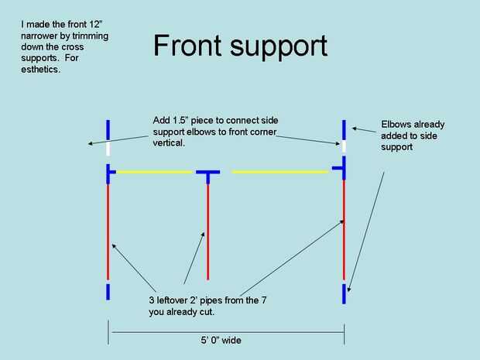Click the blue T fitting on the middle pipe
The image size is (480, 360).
(x=207, y=173)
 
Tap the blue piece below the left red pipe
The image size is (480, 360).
(x=108, y=291)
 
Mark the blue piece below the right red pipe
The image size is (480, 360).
(x=344, y=293)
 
